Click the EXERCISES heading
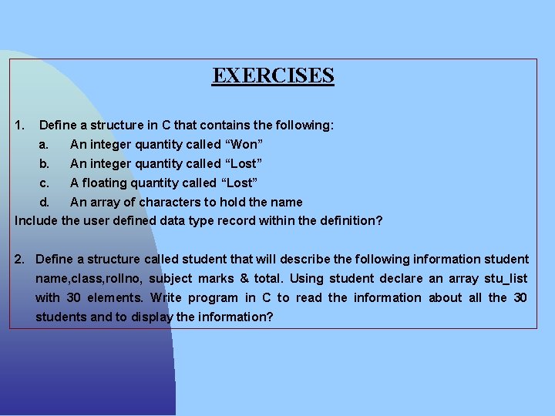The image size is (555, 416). (273, 75)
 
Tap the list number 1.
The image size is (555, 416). (20, 125)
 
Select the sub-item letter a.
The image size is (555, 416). (44, 144)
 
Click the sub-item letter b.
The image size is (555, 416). (44, 163)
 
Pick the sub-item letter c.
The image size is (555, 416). (44, 183)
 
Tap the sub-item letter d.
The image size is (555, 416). (44, 202)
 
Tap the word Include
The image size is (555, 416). (35, 221)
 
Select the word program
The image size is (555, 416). (213, 297)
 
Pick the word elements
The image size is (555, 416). (116, 297)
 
